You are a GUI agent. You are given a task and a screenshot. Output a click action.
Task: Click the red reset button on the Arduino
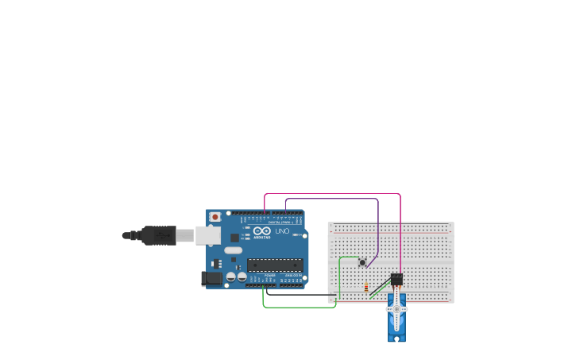coord(215,216)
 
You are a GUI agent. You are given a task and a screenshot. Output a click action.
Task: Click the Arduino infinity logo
coord(262,230)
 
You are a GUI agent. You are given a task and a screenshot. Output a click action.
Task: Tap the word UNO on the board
coord(282,230)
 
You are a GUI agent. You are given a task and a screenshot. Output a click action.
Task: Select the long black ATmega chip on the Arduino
coord(274,265)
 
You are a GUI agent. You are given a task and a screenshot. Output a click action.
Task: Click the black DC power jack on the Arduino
coord(212,278)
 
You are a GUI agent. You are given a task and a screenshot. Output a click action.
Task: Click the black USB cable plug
coord(159,235)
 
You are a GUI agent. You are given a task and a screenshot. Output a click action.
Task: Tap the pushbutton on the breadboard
coord(362,262)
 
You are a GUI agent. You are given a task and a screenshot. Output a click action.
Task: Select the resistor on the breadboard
coord(366,287)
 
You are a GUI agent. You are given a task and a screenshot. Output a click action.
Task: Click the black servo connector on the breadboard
coord(396,279)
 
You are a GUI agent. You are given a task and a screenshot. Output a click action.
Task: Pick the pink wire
coord(334,193)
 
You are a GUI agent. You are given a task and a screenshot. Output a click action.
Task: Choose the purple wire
coord(334,199)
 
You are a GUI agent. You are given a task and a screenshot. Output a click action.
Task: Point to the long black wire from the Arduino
coord(302,295)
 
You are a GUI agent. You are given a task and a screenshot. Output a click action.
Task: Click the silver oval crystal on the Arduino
coord(233,250)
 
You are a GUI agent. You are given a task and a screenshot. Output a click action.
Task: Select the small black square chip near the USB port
coord(234,237)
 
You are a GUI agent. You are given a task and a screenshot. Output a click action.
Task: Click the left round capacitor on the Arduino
coord(230,277)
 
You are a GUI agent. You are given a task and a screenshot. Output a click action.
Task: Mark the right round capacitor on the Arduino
coord(242,278)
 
